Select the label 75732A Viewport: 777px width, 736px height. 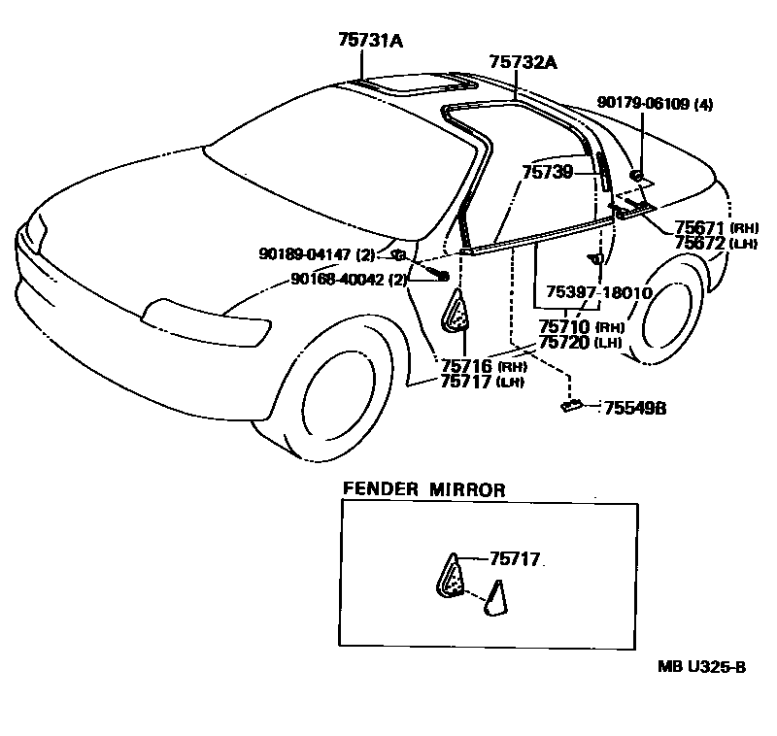click(524, 61)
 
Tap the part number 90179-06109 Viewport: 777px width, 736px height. click(643, 105)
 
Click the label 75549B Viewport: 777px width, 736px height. click(635, 409)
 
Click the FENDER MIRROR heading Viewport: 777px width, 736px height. click(423, 490)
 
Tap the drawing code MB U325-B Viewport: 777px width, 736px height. click(702, 666)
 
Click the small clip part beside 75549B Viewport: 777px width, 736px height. click(571, 407)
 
